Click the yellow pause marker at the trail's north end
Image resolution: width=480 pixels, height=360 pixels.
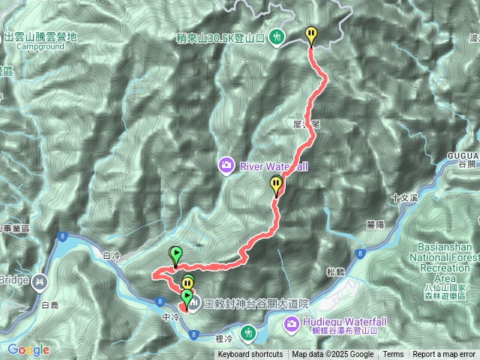pos(311,34)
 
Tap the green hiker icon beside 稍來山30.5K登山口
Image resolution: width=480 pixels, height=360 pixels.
pos(278,35)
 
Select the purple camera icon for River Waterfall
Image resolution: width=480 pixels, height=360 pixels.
pos(225,163)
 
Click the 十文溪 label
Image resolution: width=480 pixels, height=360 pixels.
pos(403,199)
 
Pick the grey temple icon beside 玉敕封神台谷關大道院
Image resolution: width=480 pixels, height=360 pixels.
pos(193,304)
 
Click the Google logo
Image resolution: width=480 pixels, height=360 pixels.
pos(28,349)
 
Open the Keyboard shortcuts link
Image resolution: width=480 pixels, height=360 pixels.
pos(250,355)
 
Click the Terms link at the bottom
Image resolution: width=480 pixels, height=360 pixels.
pos(393,355)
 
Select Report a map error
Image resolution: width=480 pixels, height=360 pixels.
pos(444,355)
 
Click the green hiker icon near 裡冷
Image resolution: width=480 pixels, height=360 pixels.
pos(249,331)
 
